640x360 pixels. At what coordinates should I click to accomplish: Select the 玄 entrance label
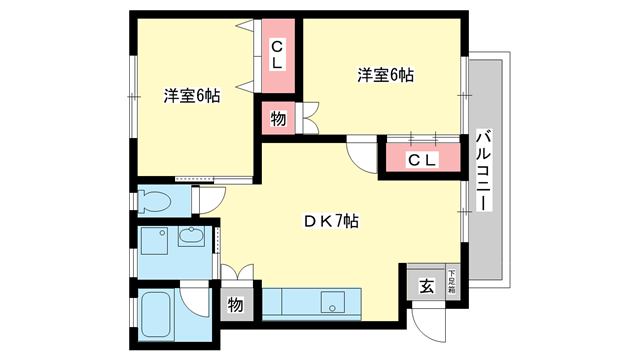[x=426, y=287]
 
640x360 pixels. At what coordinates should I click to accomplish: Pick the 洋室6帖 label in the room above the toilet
[x=192, y=97]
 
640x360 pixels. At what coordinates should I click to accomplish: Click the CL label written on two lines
[x=279, y=51]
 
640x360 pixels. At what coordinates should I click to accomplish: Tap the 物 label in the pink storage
[x=279, y=119]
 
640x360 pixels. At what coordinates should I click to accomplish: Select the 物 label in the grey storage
[x=236, y=306]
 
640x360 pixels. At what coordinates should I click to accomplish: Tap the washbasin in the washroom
[x=191, y=238]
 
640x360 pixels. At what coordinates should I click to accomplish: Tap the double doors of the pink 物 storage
[x=307, y=119]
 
